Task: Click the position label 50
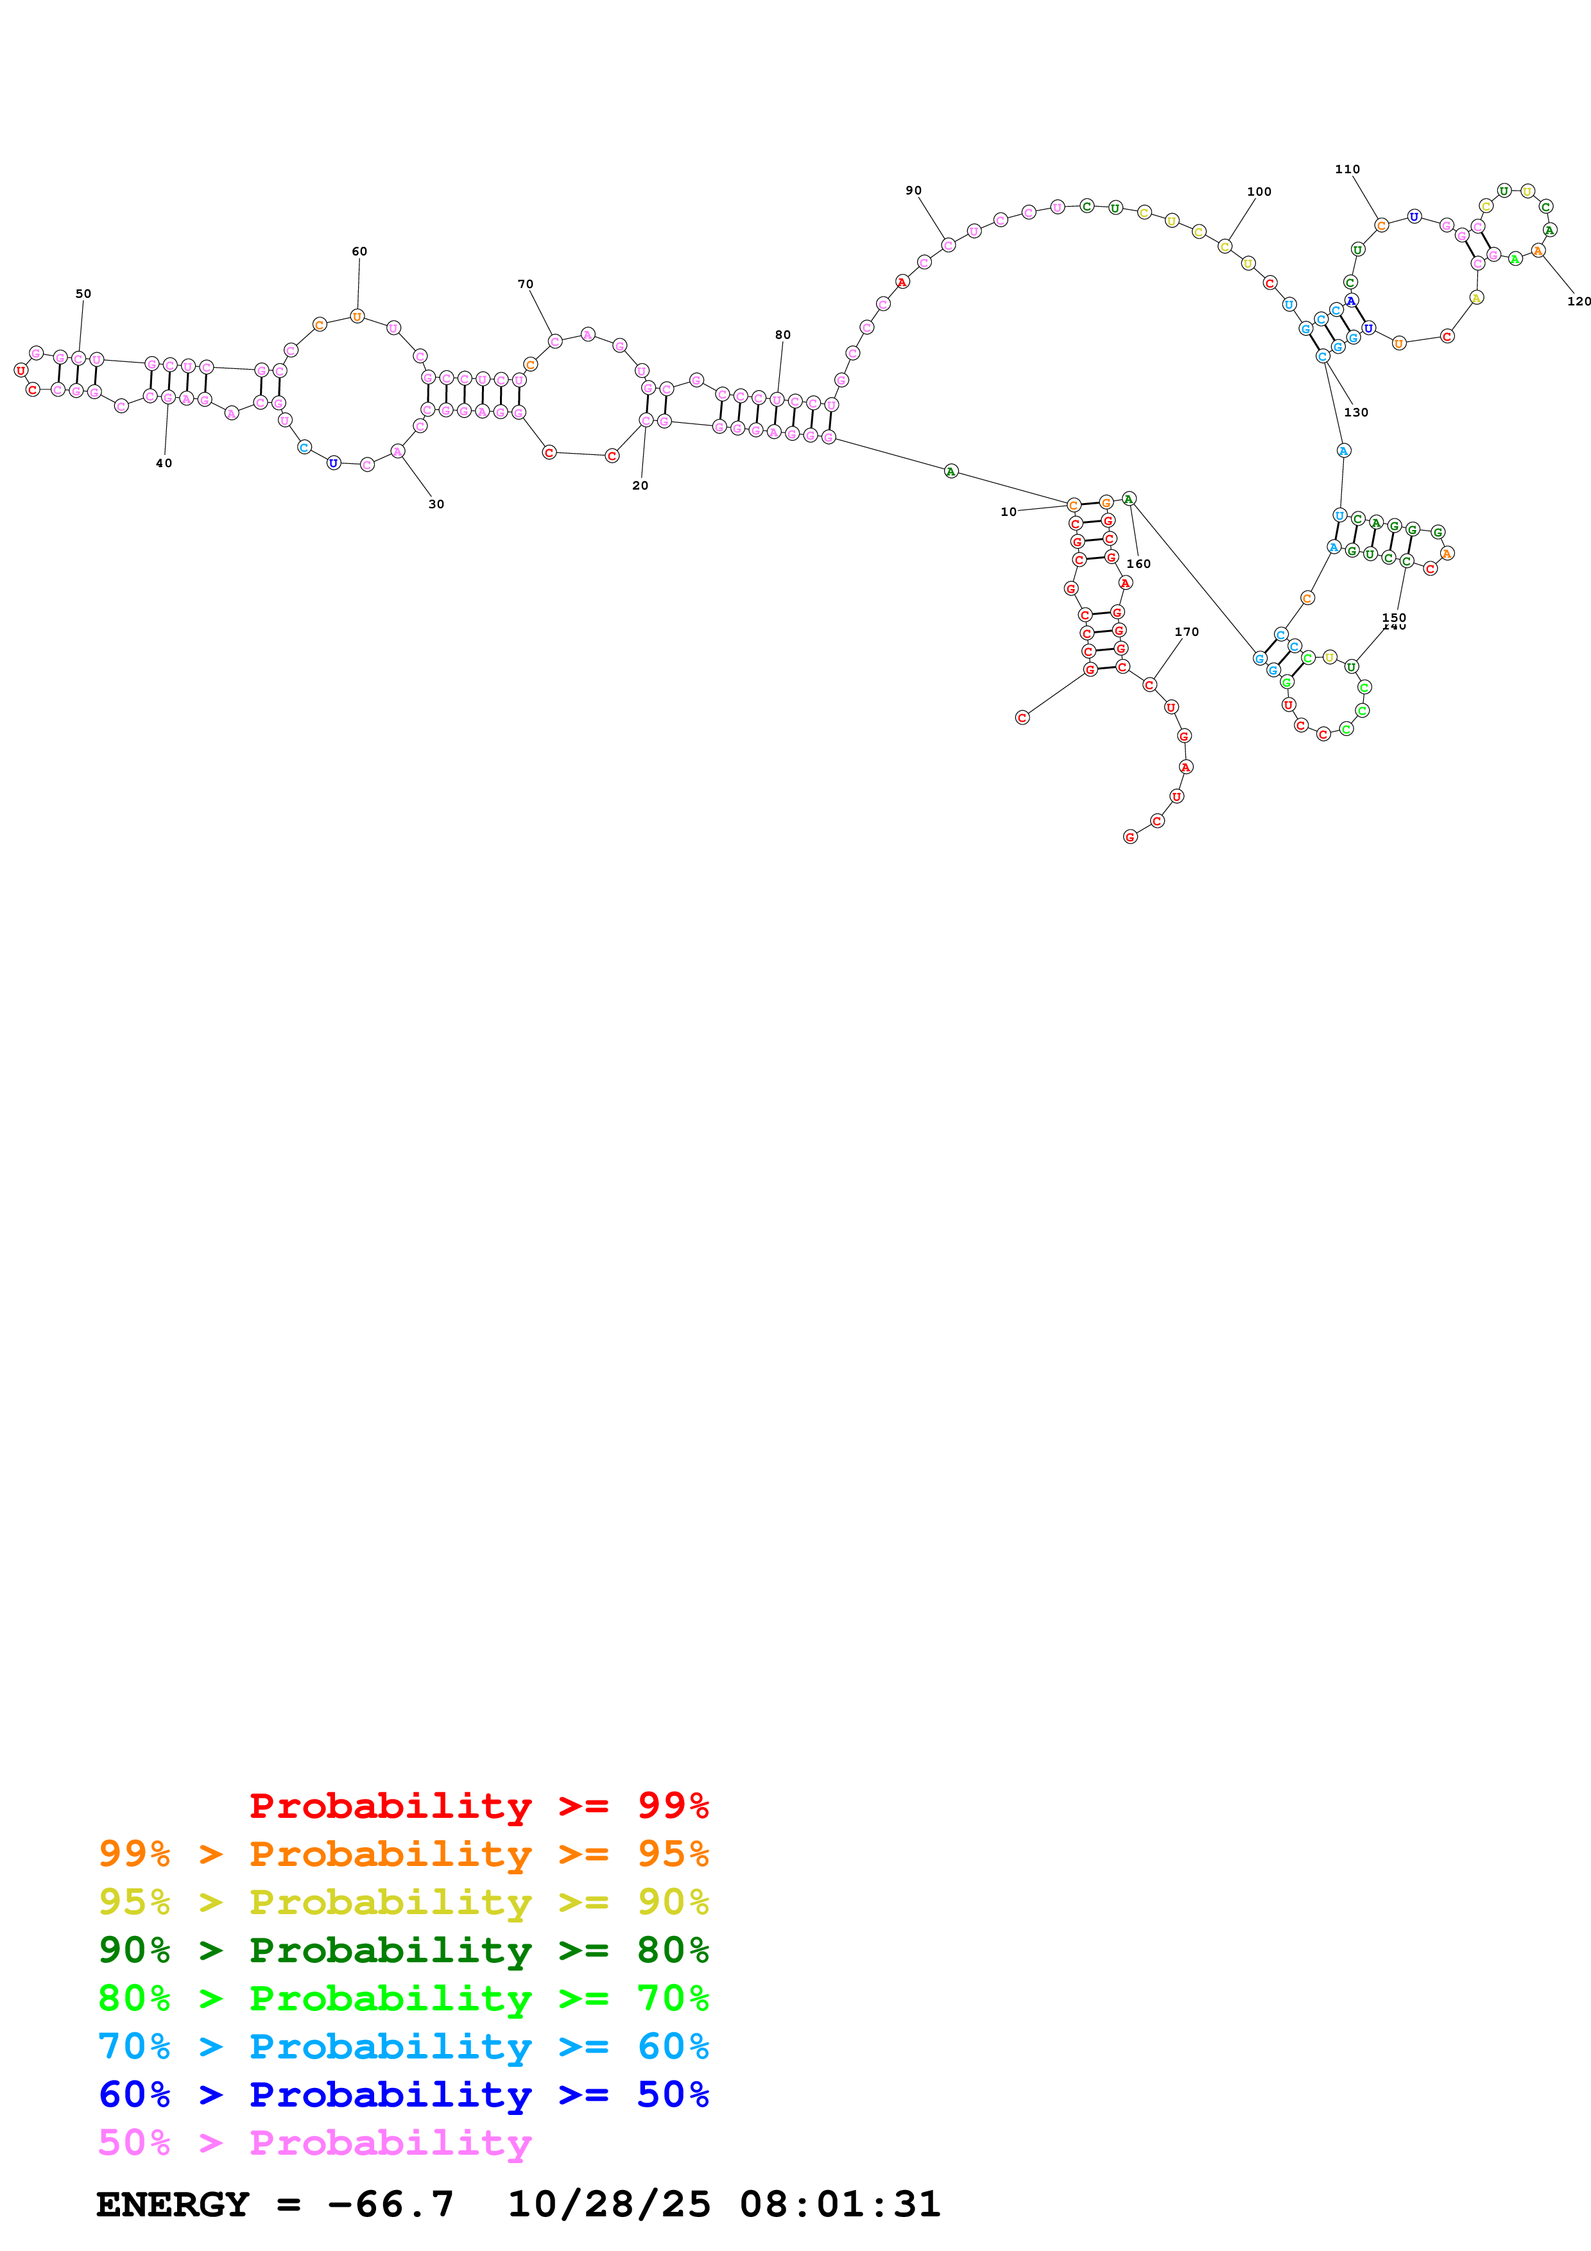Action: click(x=83, y=293)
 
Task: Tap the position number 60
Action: click(x=360, y=251)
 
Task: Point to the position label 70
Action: click(x=526, y=284)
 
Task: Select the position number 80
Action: click(x=782, y=334)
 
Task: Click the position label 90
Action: click(x=914, y=190)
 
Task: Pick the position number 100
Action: click(x=1259, y=191)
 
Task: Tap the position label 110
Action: click(x=1347, y=169)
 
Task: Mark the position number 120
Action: click(x=1578, y=301)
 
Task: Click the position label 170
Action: click(x=1186, y=631)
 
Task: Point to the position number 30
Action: click(x=436, y=504)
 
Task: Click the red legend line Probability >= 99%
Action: click(x=478, y=1805)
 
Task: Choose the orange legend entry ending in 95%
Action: click(x=403, y=1853)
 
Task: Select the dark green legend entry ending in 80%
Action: click(x=403, y=1950)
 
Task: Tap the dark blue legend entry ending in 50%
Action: click(x=403, y=2094)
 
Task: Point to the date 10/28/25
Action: click(x=608, y=2204)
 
